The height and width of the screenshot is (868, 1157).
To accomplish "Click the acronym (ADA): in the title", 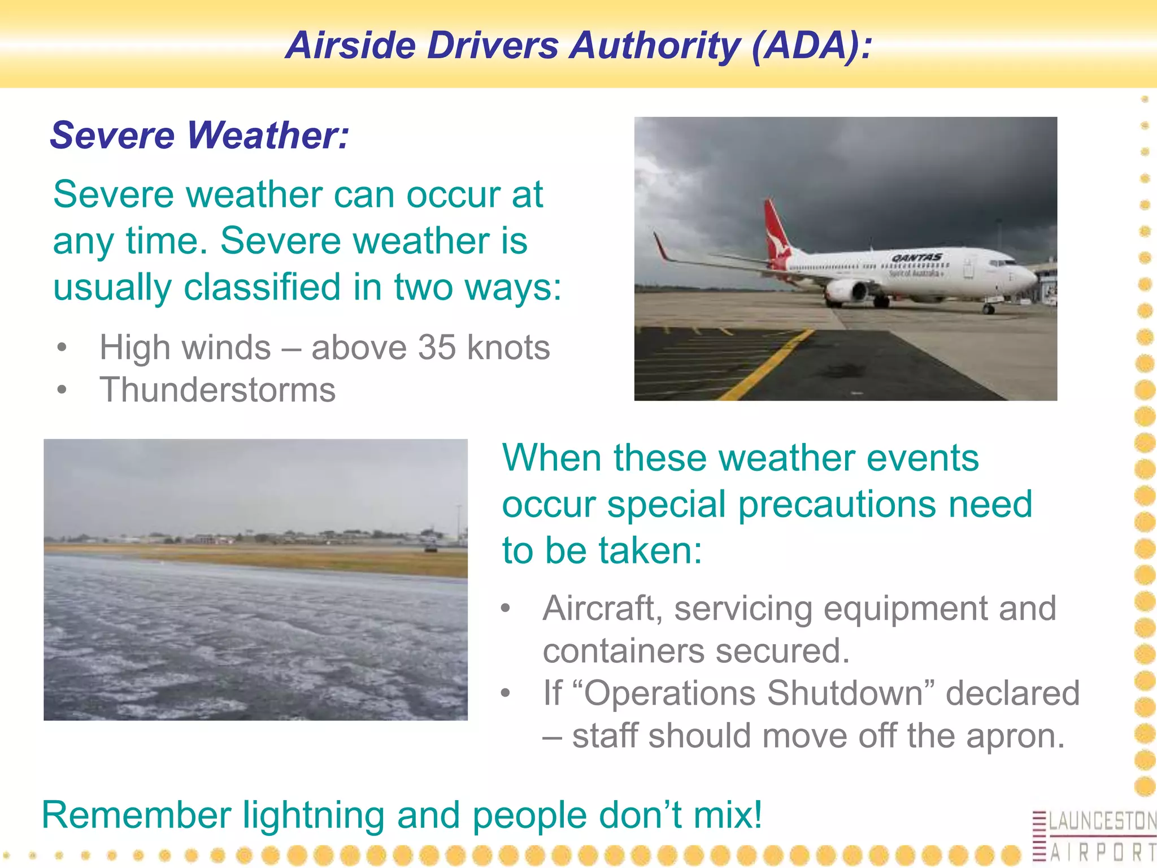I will point(812,45).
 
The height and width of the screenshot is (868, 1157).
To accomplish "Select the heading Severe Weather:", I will point(199,136).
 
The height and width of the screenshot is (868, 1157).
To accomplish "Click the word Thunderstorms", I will point(218,390).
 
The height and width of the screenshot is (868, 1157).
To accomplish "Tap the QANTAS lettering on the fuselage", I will point(916,258).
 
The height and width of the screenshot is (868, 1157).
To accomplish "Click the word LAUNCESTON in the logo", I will point(1102,821).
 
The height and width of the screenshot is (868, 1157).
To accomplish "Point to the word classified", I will point(262,287).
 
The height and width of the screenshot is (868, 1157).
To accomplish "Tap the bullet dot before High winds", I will point(62,347).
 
